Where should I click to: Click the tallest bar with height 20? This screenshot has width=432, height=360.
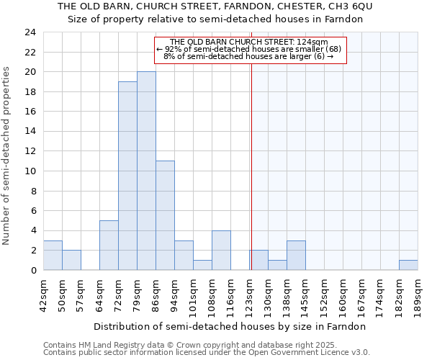point(146,171)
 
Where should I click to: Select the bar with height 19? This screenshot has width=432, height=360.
point(127,176)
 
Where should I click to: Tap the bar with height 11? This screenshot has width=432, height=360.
point(165,215)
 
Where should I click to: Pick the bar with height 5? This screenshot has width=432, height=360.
point(109,245)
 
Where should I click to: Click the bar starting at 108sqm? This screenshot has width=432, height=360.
point(221,250)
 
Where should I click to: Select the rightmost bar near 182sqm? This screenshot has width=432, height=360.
point(408,265)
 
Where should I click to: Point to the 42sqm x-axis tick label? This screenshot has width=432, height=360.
point(44,293)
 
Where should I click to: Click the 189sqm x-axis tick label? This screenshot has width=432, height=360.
point(418,293)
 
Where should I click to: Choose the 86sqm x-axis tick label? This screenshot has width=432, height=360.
point(156,293)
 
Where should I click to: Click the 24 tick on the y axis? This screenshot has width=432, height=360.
point(30,32)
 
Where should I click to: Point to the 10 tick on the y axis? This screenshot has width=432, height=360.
point(30,171)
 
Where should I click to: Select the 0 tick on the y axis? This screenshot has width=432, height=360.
point(33,270)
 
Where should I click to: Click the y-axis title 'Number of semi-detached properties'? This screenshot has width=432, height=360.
point(7,155)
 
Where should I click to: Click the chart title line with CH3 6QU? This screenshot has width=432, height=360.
point(215,6)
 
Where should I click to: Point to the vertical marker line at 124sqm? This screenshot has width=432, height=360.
point(251,158)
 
